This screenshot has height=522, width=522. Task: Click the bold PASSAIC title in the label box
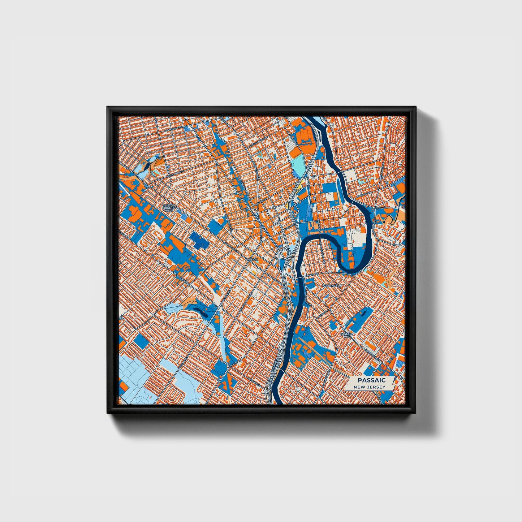[371, 380]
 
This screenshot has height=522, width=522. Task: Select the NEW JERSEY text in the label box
[369, 387]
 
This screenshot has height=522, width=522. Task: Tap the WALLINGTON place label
[332, 285]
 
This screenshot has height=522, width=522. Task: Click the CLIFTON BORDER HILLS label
[169, 207]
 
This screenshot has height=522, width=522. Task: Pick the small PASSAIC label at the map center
[251, 259]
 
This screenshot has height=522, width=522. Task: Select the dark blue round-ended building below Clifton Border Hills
[199, 241]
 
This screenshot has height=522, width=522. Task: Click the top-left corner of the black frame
[108, 107]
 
